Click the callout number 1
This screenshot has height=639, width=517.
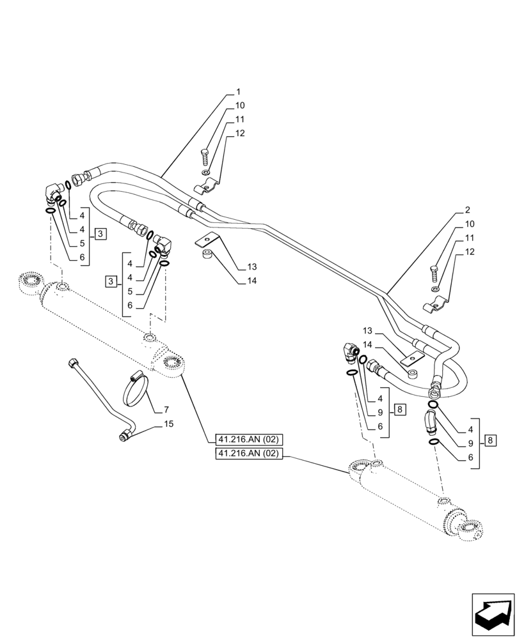coord(238,92)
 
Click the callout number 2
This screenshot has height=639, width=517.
coord(467,210)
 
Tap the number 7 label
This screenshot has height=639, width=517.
coord(166,410)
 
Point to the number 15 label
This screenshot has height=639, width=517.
coord(168,424)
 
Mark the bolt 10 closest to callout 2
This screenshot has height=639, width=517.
coord(435,274)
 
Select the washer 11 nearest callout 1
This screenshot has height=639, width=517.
coord(203,173)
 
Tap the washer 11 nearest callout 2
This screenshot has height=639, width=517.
coord(435,290)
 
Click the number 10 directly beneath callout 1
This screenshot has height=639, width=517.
coord(239,105)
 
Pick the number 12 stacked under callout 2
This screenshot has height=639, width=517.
coord(470,252)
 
